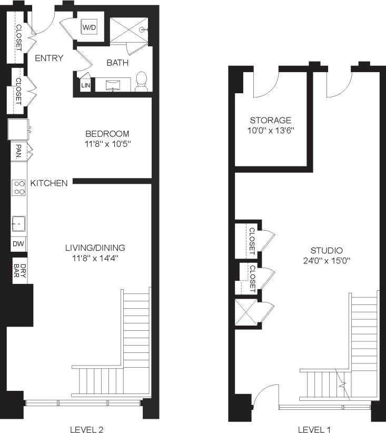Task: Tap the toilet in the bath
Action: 141,82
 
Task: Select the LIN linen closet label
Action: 85,85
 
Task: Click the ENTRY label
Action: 49,58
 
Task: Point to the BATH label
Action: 117,63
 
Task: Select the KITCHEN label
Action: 49,183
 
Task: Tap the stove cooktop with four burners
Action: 19,187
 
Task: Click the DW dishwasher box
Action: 18,244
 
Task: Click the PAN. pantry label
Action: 18,152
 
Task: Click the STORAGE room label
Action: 270,120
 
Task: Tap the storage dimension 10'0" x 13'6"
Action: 271,130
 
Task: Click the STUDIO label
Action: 326,251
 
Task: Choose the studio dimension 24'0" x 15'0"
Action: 326,260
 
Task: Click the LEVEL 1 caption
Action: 314,429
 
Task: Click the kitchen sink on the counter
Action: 18,223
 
